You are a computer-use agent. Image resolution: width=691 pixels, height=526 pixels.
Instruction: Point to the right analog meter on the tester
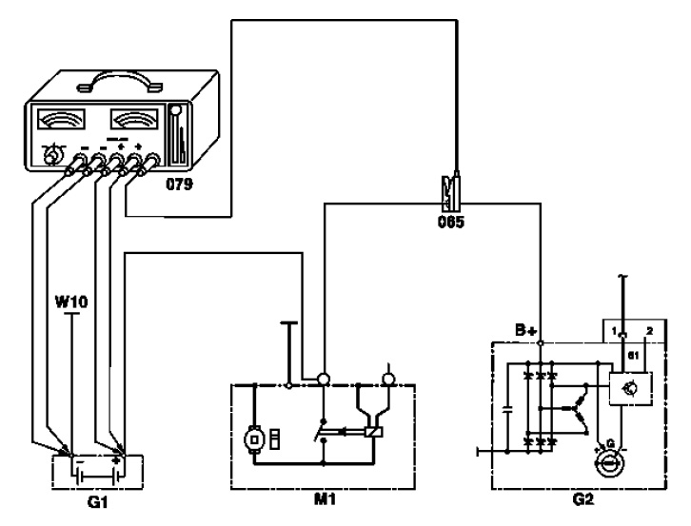coord(134,121)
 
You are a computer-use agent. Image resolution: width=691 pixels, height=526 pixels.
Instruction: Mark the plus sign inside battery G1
coord(115,459)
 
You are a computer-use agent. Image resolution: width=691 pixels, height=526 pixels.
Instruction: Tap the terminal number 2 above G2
coord(648,330)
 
